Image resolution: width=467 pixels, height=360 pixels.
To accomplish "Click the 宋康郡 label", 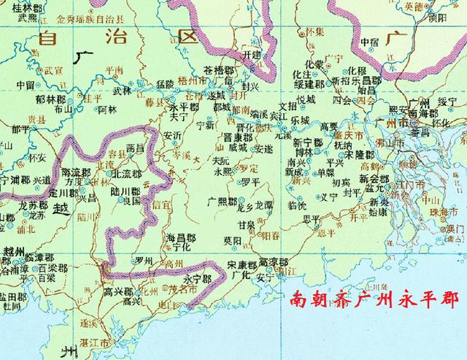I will click(242, 264).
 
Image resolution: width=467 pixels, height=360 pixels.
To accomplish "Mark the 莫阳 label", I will click(232, 240).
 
